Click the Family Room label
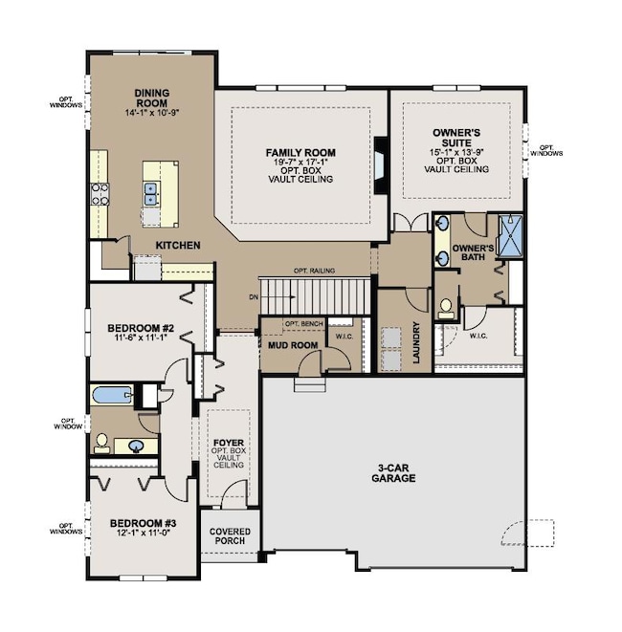coord(300,153)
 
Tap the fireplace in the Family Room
coord(380,165)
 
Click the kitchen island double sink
coord(151,194)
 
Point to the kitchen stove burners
coord(100,194)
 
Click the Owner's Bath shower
coord(510,236)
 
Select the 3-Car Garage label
coord(393,473)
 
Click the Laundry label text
coord(416,342)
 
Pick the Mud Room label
coord(293,345)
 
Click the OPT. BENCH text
coord(303,324)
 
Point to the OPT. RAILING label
coord(314,271)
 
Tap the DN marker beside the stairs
coord(254,297)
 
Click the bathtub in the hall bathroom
coord(112,395)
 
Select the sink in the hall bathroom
coord(136,446)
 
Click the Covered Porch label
coord(230,536)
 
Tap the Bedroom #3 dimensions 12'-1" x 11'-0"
coord(144,533)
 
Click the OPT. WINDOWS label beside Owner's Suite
coord(546,150)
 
